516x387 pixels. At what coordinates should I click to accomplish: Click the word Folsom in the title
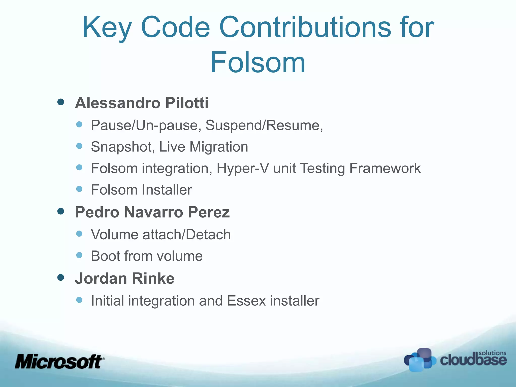pyautogui.click(x=258, y=62)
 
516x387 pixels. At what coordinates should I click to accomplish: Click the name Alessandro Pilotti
pyautogui.click(x=142, y=103)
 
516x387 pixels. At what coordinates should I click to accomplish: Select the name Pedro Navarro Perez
pyautogui.click(x=152, y=212)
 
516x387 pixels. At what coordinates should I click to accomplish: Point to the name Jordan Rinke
pyautogui.click(x=124, y=278)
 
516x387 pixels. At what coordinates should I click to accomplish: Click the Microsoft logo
pyautogui.click(x=59, y=362)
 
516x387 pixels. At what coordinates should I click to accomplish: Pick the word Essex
pyautogui.click(x=246, y=301)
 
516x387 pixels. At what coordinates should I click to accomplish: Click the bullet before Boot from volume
pyautogui.click(x=79, y=255)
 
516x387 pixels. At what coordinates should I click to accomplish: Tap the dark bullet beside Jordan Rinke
pyautogui.click(x=61, y=277)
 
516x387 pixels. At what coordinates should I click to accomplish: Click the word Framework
pyautogui.click(x=385, y=168)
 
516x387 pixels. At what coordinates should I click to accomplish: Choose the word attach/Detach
pyautogui.click(x=186, y=235)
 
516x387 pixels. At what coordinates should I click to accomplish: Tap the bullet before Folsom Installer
pyautogui.click(x=79, y=189)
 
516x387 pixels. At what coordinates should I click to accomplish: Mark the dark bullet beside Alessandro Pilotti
pyautogui.click(x=61, y=102)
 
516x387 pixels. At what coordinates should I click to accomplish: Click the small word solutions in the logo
pyautogui.click(x=492, y=353)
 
